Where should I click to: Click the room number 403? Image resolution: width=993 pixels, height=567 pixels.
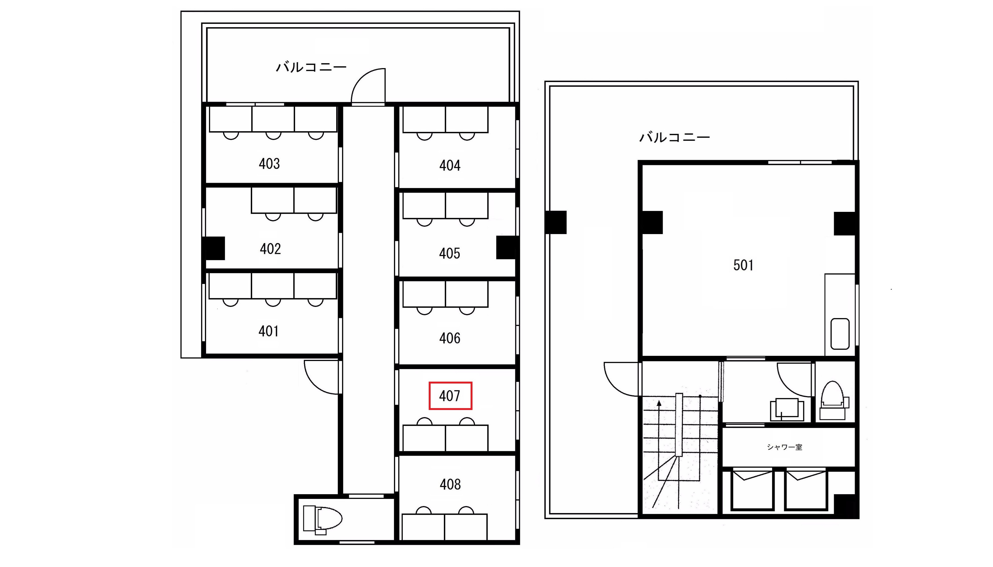tap(269, 164)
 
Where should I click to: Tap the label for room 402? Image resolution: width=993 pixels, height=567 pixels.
tap(270, 249)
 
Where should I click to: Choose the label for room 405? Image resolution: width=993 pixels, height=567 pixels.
tap(450, 253)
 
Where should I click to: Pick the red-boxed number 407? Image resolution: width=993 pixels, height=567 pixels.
tap(450, 396)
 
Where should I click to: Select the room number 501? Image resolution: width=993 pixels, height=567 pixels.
tap(743, 265)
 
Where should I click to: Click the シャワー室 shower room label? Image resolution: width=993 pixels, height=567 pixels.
tap(785, 447)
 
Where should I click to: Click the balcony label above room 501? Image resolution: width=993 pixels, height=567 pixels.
tap(674, 137)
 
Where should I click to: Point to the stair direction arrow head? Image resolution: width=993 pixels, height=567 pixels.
tap(659, 403)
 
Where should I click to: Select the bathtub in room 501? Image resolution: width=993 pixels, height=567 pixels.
tap(840, 334)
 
